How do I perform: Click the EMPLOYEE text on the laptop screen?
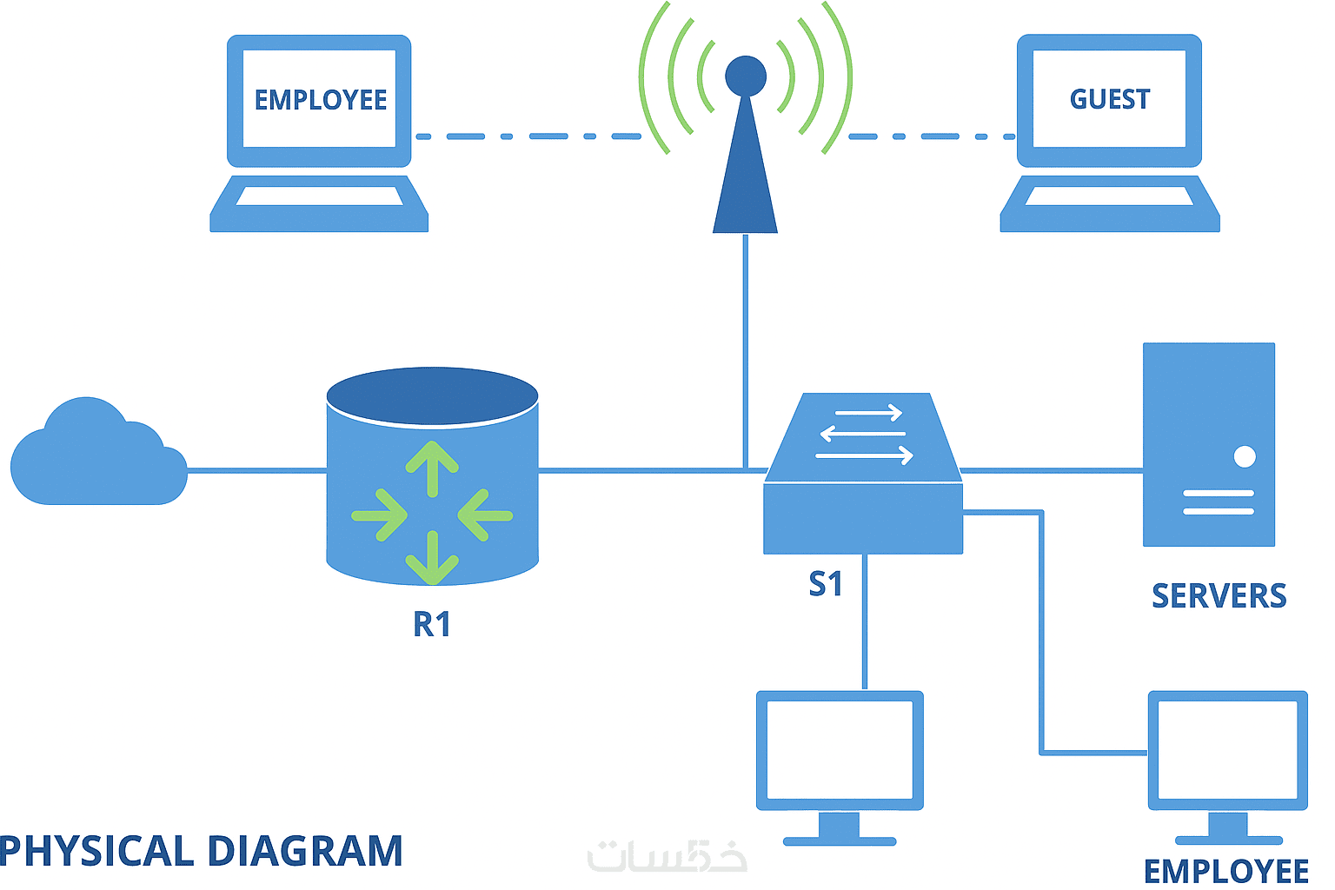tap(320, 100)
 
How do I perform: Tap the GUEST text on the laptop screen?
tap(1110, 99)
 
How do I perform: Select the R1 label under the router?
tap(432, 624)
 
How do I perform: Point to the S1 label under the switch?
tap(825, 584)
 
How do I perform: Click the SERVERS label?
tap(1219, 596)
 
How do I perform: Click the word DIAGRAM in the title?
tap(305, 851)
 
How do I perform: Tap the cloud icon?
tap(96, 456)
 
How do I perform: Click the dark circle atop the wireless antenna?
tap(746, 76)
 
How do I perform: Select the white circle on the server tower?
tap(1245, 456)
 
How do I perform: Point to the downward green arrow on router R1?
tap(432, 561)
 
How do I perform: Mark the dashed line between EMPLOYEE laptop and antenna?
tap(528, 136)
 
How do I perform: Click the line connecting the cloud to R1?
tap(256, 471)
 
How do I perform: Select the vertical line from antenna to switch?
tap(746, 348)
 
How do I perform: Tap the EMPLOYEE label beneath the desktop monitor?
tap(1225, 871)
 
